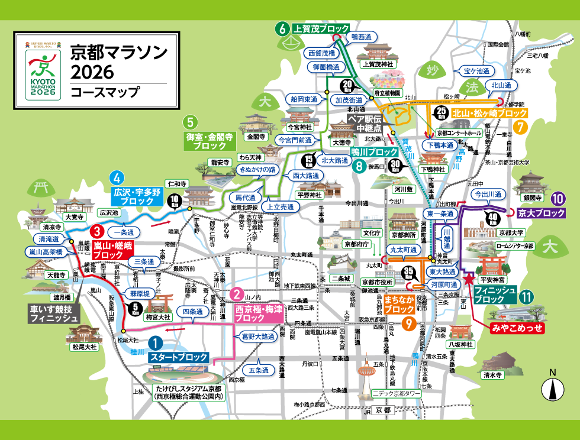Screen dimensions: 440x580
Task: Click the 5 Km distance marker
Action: (x=134, y=307)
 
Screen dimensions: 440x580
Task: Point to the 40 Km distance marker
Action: (x=491, y=218)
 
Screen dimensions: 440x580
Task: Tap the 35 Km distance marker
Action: (x=407, y=272)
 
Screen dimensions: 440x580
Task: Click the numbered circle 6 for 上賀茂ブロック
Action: (x=282, y=28)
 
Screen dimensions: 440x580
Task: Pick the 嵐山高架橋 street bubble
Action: (x=46, y=251)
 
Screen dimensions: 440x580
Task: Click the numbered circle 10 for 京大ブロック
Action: (x=557, y=199)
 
